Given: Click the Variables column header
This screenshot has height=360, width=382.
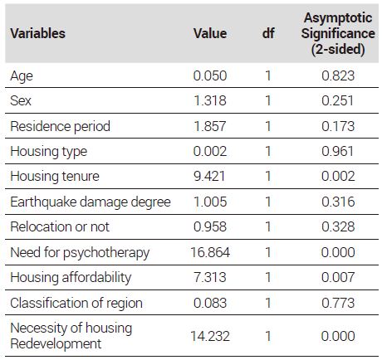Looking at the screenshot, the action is click(37, 33).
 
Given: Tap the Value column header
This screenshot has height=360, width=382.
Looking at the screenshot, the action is click(210, 33).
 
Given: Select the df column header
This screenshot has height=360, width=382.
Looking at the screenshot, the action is click(268, 33).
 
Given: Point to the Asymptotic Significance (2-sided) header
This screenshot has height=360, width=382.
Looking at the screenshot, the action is click(338, 33).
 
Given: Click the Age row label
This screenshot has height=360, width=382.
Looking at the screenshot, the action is click(22, 76).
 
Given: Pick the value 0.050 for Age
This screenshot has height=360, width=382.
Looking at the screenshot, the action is click(210, 75).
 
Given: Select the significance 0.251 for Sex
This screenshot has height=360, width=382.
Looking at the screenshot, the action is click(338, 100).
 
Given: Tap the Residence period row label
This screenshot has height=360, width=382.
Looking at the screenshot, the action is click(61, 126).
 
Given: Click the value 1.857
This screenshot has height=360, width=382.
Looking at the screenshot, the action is click(210, 126).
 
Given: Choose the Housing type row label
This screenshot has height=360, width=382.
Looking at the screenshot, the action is click(49, 152).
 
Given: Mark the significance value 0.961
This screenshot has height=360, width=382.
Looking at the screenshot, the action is click(338, 151).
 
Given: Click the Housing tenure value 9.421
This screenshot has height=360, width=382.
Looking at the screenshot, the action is click(209, 177).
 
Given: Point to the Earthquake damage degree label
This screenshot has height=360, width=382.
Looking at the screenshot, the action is click(91, 202).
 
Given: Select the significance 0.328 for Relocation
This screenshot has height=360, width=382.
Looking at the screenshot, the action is click(338, 226).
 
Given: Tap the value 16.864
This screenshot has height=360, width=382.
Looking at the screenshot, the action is click(210, 252).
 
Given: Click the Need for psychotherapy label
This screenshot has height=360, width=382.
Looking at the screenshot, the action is click(80, 253).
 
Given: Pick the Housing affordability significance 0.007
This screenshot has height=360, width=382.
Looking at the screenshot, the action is click(338, 277).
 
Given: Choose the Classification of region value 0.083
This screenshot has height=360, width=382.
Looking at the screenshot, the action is click(210, 303).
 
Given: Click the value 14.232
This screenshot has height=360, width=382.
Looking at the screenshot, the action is click(210, 336).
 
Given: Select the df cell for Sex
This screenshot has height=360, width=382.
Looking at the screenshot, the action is click(267, 100).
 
